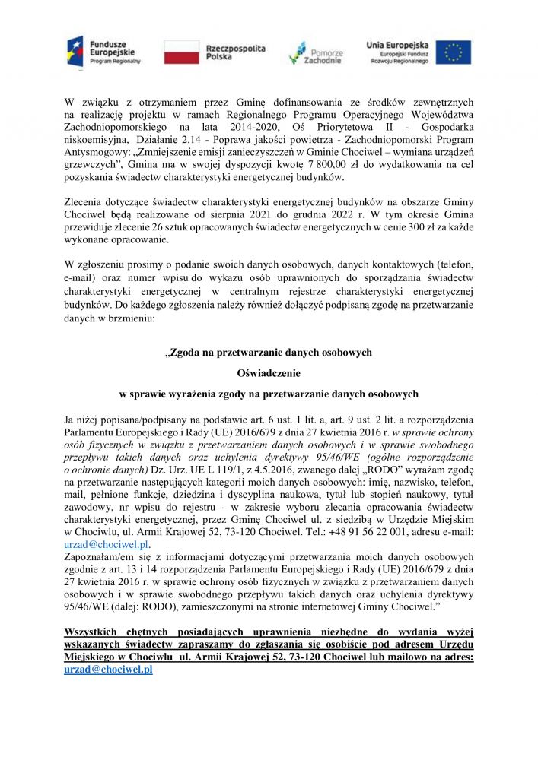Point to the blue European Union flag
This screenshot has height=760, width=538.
[x=453, y=52]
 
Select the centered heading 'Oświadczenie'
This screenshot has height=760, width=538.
[x=269, y=373]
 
